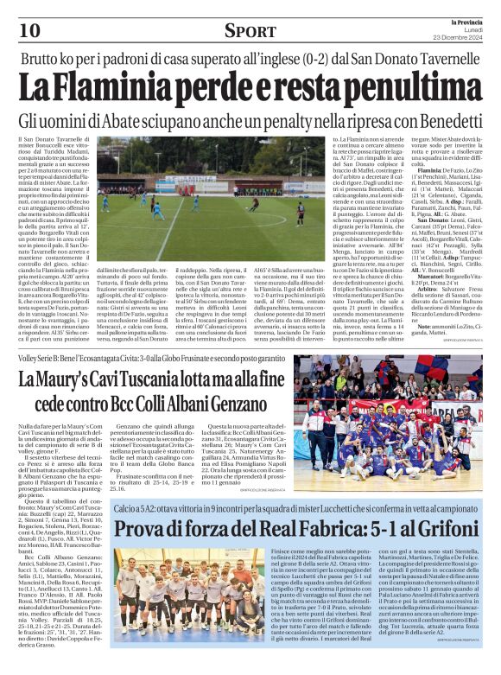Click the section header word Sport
tap(250, 31)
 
